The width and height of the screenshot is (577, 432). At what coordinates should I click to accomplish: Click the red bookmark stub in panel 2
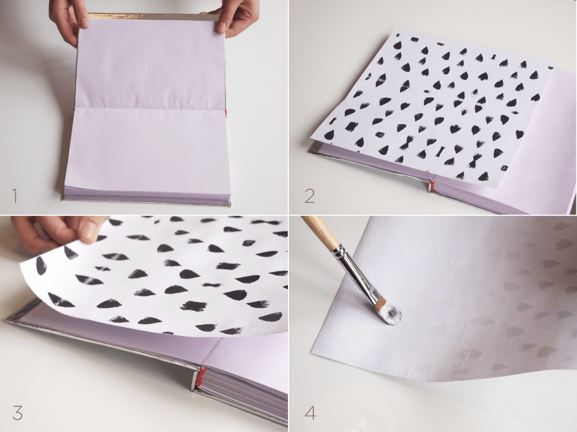click(431, 185)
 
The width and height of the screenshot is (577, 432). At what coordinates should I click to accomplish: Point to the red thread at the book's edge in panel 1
click(226, 113)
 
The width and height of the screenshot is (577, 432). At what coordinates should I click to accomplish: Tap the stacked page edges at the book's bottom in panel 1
click(147, 196)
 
